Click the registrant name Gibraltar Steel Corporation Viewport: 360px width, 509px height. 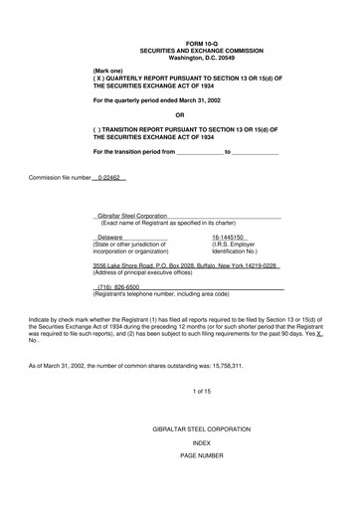point(130,216)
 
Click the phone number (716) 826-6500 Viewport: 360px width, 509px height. point(118,287)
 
